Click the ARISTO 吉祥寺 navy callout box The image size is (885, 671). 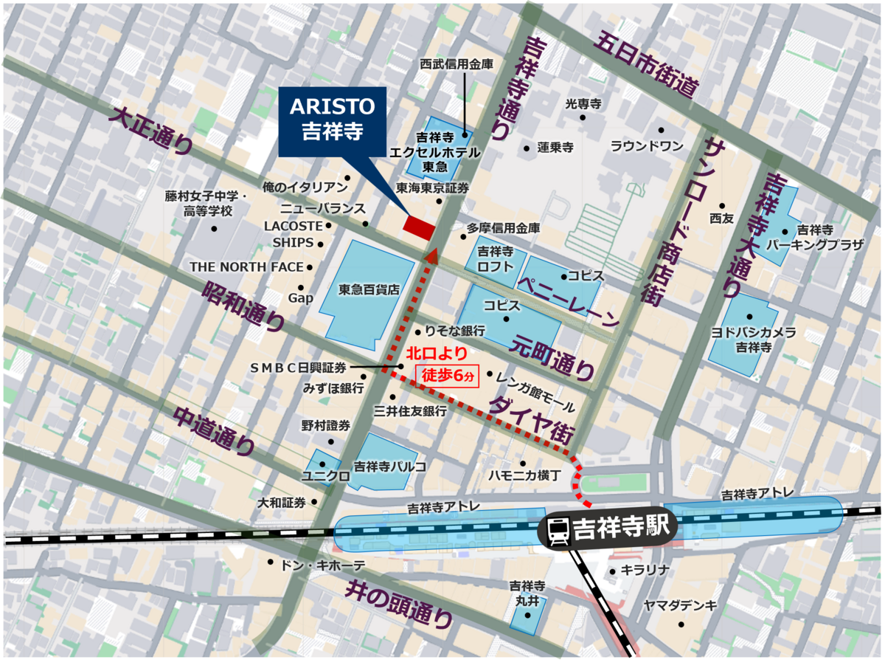pyautogui.click(x=332, y=121)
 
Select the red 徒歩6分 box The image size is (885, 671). pyautogui.click(x=448, y=376)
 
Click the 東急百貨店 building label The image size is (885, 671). pyautogui.click(x=369, y=289)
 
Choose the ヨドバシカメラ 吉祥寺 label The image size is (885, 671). pyautogui.click(x=753, y=340)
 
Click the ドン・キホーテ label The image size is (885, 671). pyautogui.click(x=323, y=565)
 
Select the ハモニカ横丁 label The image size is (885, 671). pyautogui.click(x=525, y=475)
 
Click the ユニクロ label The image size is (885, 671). pyautogui.click(x=326, y=476)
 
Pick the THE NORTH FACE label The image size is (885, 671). pyautogui.click(x=246, y=266)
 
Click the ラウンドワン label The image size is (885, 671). pyautogui.click(x=647, y=146)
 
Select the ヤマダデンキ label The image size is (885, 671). pyautogui.click(x=680, y=605)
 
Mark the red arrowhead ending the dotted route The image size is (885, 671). pyautogui.click(x=431, y=256)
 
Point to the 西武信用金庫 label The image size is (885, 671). pyautogui.click(x=457, y=65)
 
